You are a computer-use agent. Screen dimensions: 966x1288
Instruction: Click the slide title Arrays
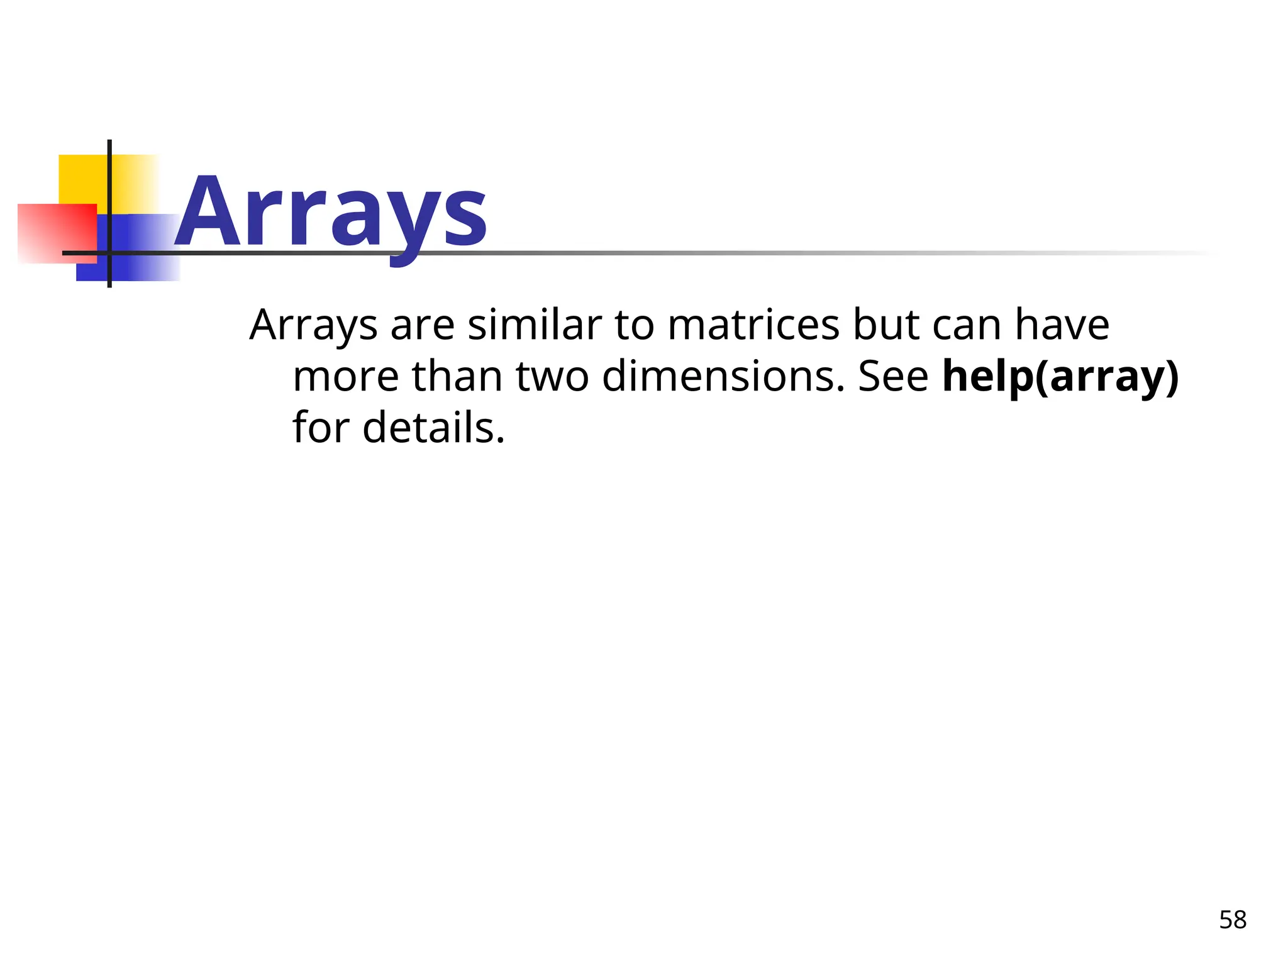[x=331, y=213]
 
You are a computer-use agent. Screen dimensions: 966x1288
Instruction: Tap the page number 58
[x=1232, y=920]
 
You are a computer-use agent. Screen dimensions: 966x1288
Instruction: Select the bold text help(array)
[x=1060, y=377]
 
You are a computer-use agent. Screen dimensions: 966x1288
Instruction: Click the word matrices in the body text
[x=753, y=325]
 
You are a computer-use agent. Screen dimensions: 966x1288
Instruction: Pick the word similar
[x=535, y=325]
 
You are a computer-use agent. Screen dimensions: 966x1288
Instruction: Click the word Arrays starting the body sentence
[x=313, y=326]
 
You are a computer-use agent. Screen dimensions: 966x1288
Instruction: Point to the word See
[x=893, y=377]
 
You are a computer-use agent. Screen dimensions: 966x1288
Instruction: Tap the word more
[x=346, y=377]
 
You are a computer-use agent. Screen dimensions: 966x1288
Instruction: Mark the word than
[x=457, y=377]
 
